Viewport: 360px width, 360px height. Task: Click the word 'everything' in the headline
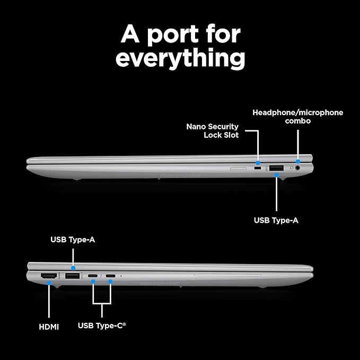coord(180,58)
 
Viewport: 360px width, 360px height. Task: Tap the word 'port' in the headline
coord(173,34)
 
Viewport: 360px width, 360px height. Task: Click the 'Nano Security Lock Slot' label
coord(213,130)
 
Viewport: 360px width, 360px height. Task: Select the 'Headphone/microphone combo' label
coord(298,117)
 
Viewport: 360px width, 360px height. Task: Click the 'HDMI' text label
coord(49,327)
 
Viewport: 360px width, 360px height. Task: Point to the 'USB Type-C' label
coord(102,326)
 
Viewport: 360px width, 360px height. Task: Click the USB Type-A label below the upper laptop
coord(276,220)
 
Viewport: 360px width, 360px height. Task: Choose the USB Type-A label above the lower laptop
coord(73,240)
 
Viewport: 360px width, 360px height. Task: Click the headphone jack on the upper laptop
coord(298,168)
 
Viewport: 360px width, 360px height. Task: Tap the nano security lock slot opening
coord(258,169)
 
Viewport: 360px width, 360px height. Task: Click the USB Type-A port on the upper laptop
coord(276,168)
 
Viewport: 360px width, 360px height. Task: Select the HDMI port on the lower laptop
coord(49,276)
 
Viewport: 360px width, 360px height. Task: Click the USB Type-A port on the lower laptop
coord(72,276)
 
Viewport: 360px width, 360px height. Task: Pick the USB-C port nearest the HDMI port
coord(93,276)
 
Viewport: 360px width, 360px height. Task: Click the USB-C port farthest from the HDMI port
coord(111,276)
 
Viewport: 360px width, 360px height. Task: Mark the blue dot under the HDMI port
coord(49,283)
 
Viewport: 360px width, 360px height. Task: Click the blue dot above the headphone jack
coord(298,161)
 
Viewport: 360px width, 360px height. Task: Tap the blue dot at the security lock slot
coord(258,163)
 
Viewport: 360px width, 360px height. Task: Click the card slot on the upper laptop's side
coord(238,169)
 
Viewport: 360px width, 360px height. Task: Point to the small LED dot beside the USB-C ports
coord(121,276)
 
